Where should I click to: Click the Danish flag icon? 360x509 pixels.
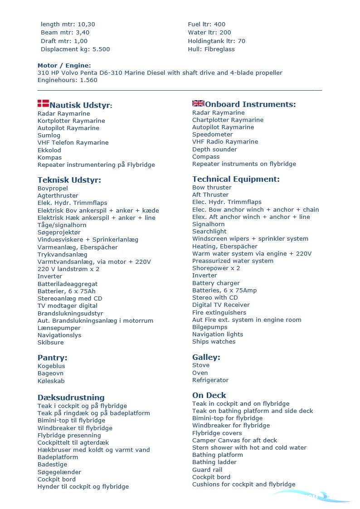click(43, 103)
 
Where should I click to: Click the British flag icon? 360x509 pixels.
click(198, 103)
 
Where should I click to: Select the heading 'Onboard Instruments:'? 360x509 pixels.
click(250, 104)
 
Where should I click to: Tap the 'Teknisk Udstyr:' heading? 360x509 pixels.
click(69, 180)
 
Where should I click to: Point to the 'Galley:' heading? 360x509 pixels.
click(206, 357)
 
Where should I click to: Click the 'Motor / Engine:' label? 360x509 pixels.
click(64, 65)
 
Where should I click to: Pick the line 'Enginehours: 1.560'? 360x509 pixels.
click(68, 80)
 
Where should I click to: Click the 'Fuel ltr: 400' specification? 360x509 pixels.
click(207, 24)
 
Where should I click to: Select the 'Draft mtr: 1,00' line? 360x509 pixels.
click(64, 41)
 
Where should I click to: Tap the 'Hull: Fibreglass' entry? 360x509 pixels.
click(211, 49)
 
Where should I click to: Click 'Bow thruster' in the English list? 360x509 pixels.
click(212, 188)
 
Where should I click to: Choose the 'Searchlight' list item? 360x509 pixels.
click(209, 232)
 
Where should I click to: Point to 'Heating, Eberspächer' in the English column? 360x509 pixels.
click(225, 246)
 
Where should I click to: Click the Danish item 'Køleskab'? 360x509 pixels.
click(51, 381)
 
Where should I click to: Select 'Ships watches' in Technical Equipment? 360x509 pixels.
click(214, 342)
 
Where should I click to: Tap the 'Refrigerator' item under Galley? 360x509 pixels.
click(210, 380)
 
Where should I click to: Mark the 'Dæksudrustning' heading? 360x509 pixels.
click(71, 398)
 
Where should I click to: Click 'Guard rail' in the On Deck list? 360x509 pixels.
click(207, 470)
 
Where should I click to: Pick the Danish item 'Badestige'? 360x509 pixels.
click(52, 465)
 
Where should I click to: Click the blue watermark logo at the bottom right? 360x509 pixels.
click(313, 497)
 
